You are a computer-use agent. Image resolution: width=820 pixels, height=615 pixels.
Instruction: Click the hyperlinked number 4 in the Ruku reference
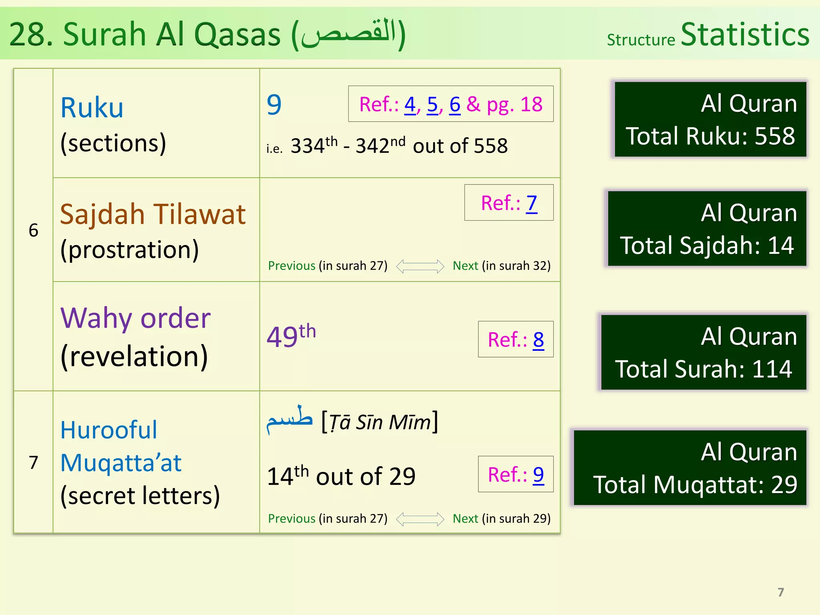point(410,105)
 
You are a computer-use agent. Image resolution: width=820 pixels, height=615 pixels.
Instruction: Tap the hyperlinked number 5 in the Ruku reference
point(432,105)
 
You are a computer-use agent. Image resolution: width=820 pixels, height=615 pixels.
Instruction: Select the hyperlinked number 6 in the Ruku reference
point(455,105)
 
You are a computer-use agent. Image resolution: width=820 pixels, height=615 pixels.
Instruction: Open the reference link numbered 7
point(531,203)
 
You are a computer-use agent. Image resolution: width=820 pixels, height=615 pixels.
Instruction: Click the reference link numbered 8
point(538,340)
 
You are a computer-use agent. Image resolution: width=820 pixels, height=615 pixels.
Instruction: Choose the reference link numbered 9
point(538,475)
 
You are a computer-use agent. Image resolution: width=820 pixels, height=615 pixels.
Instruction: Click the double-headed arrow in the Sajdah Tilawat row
point(420,266)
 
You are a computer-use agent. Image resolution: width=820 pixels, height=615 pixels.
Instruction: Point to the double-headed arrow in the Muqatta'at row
point(420,519)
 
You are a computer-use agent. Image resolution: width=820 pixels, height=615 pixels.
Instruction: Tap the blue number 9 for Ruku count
point(274,105)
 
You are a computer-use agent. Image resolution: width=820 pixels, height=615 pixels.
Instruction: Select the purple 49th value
point(291,336)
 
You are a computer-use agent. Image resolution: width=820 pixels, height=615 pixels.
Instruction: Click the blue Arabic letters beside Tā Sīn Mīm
point(289,420)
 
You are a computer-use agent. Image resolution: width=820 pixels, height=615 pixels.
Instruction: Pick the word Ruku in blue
point(92,108)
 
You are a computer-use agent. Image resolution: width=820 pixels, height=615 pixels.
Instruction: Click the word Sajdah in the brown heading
point(102,214)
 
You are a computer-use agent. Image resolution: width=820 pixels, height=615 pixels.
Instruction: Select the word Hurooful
point(109,430)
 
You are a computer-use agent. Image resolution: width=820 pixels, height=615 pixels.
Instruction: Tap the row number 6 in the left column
point(34,230)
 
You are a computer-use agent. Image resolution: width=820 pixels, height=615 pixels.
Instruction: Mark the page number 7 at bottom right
point(780,592)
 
